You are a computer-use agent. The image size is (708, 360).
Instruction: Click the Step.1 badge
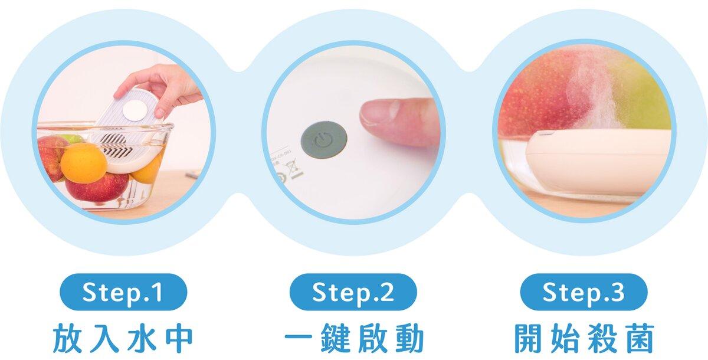[123, 292]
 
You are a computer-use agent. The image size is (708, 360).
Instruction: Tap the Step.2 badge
[353, 292]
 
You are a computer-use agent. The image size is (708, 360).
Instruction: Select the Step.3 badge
[584, 292]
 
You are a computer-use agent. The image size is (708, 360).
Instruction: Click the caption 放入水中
[123, 338]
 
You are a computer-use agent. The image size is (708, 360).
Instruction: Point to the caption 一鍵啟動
[354, 338]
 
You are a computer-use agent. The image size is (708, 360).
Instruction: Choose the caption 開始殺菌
[584, 338]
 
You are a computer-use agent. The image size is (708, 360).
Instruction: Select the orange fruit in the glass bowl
[83, 163]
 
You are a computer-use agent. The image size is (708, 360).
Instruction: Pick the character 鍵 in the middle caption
[336, 338]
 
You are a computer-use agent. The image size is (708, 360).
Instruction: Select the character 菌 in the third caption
[639, 338]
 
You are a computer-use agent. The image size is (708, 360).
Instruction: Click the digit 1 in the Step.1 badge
[158, 292]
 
